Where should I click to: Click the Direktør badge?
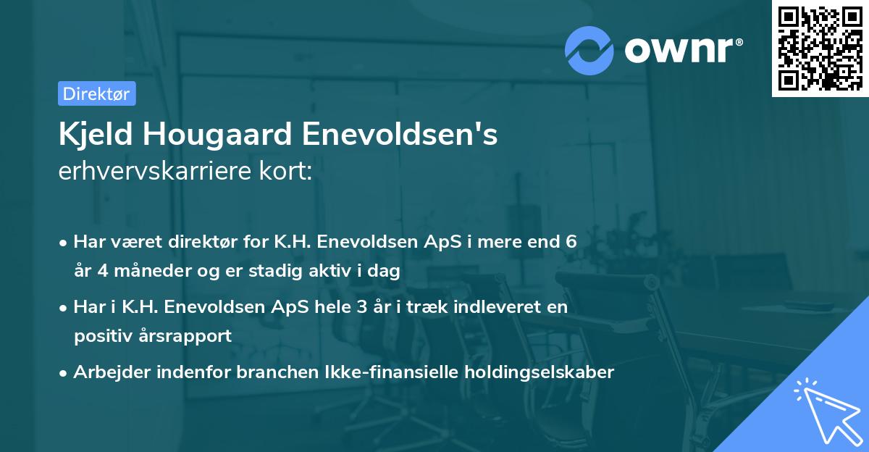pos(96,93)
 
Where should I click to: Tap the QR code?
pos(819,49)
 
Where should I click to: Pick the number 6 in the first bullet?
pos(571,241)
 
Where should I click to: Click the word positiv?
pos(102,336)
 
